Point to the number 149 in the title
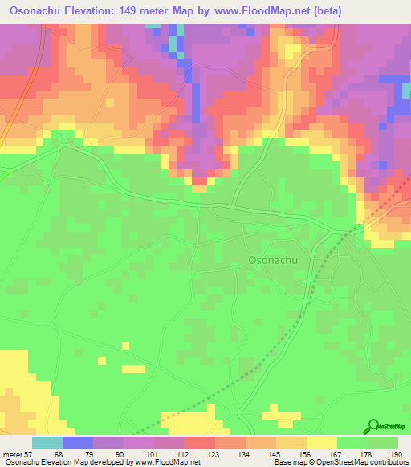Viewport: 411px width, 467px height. [147, 11]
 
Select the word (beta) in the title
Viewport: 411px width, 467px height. [376, 11]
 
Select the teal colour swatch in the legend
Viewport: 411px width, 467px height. [47, 442]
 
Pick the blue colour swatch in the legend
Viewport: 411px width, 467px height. [78, 442]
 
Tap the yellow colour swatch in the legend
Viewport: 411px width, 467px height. [322, 442]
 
